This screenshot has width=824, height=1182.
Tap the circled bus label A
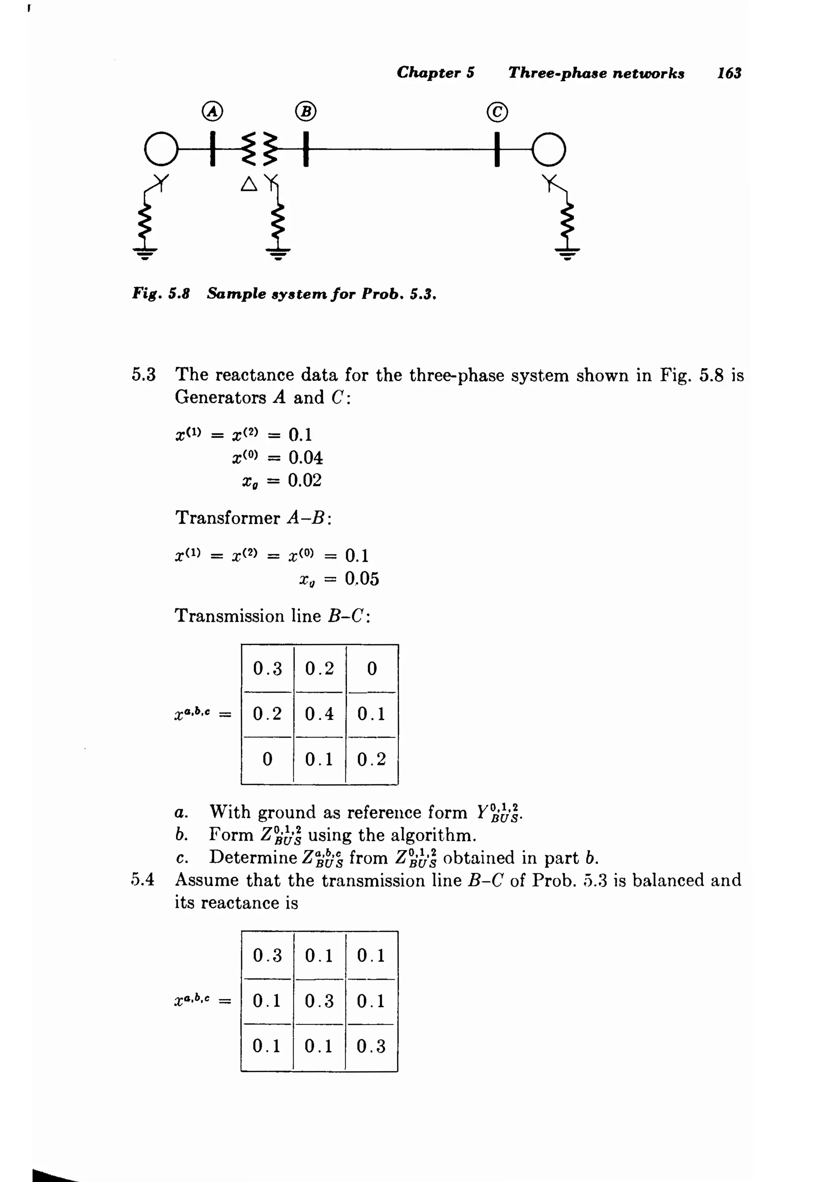tap(212, 111)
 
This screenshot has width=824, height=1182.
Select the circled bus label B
tap(305, 111)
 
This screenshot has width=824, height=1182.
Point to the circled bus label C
tap(497, 112)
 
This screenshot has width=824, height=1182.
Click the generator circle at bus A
tap(161, 149)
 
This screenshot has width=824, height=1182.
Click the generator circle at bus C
tap(549, 149)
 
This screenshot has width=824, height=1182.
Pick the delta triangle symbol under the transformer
tap(249, 184)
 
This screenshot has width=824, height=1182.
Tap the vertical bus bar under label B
tap(305, 149)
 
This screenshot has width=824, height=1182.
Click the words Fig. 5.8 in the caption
tap(161, 294)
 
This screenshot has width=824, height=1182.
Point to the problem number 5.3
tap(143, 374)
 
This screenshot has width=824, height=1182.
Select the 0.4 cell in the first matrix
tap(319, 714)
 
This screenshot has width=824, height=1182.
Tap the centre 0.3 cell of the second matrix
tap(319, 1001)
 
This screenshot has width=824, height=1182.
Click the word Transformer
tap(227, 517)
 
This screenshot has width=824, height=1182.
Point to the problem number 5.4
tap(143, 879)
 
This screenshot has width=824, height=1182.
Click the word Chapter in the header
tap(428, 72)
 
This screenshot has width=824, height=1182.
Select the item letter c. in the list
tap(181, 858)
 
